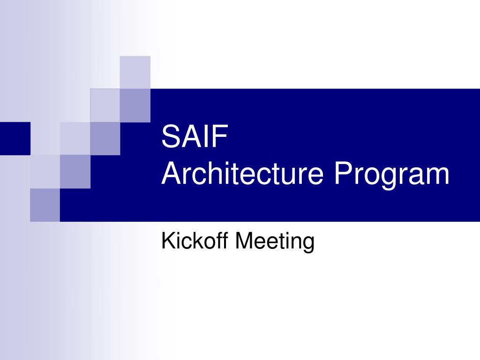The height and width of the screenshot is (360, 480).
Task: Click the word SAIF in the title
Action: (194, 137)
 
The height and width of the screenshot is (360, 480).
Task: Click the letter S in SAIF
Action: (170, 137)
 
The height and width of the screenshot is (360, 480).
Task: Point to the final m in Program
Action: (437, 176)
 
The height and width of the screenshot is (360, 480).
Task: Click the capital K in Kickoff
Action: (167, 241)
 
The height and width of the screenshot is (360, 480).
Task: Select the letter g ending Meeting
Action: (307, 245)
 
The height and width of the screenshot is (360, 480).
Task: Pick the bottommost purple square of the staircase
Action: (45, 205)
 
